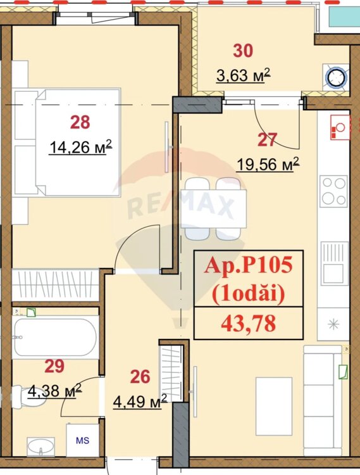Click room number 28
coord(80,122)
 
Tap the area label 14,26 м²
coord(81,147)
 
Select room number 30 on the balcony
coord(243,51)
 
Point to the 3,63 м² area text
coord(243,75)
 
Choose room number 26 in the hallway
coord(140,377)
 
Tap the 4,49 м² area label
coord(140,401)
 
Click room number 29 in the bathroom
coord(54,365)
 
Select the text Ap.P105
coord(249,265)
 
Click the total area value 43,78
coord(249,323)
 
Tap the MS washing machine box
coord(83,440)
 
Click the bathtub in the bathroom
coord(56,337)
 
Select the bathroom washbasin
coord(41,446)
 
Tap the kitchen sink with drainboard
coord(334,263)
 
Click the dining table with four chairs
coord(213,209)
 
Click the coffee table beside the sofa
coord(274,406)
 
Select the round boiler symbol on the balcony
coord(336,77)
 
